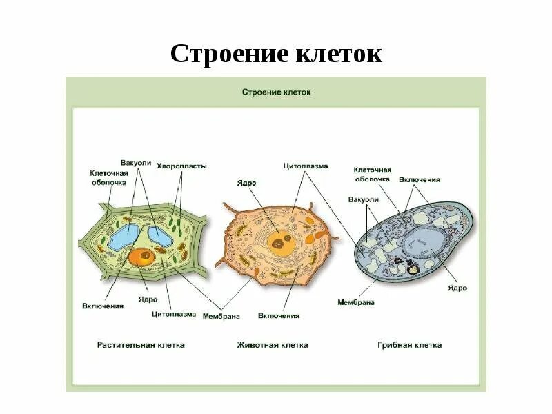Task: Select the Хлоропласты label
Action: (x=181, y=166)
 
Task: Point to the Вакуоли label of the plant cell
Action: (x=135, y=163)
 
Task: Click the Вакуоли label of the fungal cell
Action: (x=364, y=199)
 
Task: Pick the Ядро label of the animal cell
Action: (x=247, y=183)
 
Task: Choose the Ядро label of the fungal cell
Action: (x=457, y=288)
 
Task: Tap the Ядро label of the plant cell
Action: (x=148, y=300)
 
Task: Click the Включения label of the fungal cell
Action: (x=420, y=179)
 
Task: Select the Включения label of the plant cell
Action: (x=103, y=306)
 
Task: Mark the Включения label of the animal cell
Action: (x=279, y=316)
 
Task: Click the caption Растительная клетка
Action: (x=141, y=344)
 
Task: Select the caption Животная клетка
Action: (x=273, y=344)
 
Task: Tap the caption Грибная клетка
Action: (x=410, y=344)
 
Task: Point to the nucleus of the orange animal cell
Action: (x=279, y=241)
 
